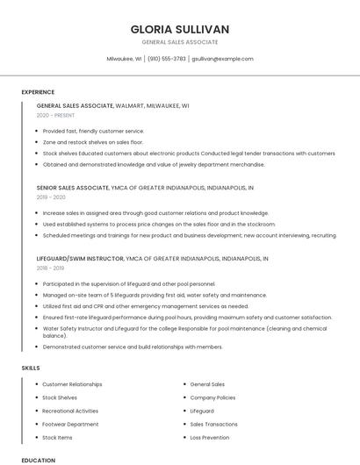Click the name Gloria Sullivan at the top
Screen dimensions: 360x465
(x=180, y=29)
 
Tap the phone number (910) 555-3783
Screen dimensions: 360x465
(x=167, y=59)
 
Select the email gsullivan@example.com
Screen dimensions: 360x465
(x=222, y=59)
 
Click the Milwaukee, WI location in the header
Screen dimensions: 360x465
(x=124, y=59)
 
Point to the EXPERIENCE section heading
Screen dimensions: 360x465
(x=38, y=91)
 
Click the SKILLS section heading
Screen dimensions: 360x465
(x=31, y=368)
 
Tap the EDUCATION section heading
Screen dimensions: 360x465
(x=38, y=460)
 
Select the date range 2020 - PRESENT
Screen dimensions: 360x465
(x=55, y=115)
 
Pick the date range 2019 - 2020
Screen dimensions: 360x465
(x=51, y=197)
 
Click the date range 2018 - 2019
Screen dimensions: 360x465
(x=51, y=269)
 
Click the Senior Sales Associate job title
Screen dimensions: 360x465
(x=73, y=187)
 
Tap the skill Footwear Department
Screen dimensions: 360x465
(x=70, y=424)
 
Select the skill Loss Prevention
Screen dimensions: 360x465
(x=210, y=437)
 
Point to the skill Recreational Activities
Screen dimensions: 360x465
(x=70, y=411)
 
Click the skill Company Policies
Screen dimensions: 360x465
(x=212, y=397)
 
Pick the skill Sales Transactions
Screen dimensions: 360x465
(x=213, y=424)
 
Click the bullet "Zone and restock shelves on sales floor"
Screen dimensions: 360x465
(x=92, y=141)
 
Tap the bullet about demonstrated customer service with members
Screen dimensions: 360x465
(x=132, y=347)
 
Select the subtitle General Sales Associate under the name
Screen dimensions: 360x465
(x=180, y=42)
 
